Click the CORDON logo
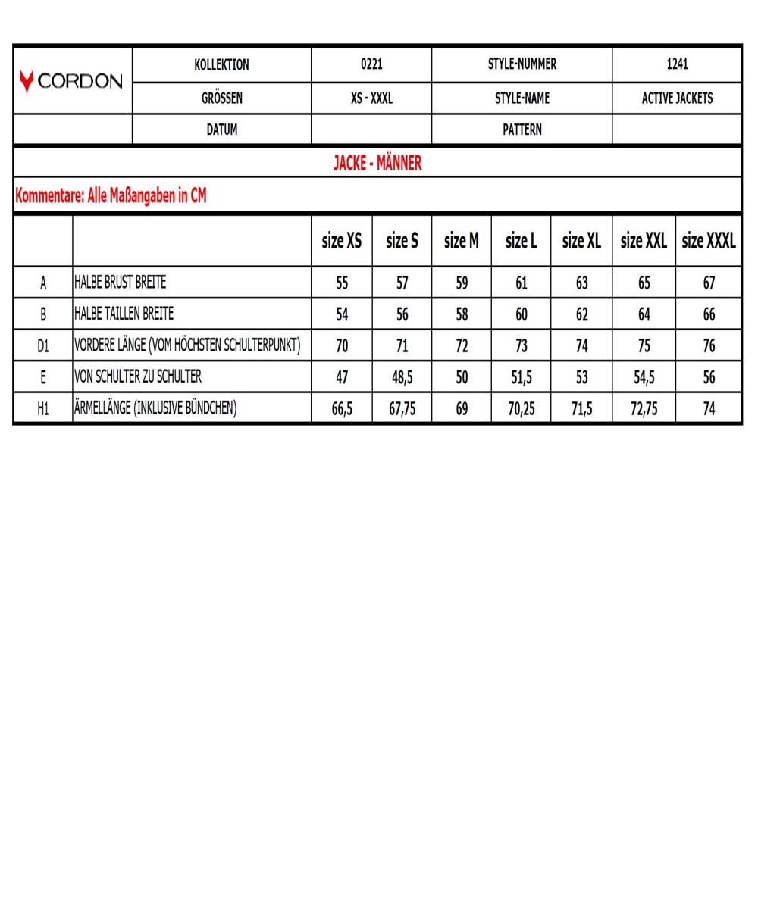tap(73, 81)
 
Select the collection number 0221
tap(371, 65)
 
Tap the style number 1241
tap(677, 65)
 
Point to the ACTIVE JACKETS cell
tap(677, 98)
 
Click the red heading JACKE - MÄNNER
tap(377, 163)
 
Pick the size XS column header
tap(342, 241)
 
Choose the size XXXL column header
tap(709, 241)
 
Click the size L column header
tap(522, 241)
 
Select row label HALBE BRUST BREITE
tap(120, 283)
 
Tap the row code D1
tap(43, 345)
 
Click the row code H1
tap(43, 409)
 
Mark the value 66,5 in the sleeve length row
tap(342, 409)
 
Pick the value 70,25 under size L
tap(522, 409)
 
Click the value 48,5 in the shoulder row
tap(402, 377)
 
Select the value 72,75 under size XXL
tap(644, 409)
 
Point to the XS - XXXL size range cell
tap(371, 98)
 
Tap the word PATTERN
tap(522, 130)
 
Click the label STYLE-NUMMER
tap(522, 65)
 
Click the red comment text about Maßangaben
tap(111, 196)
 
